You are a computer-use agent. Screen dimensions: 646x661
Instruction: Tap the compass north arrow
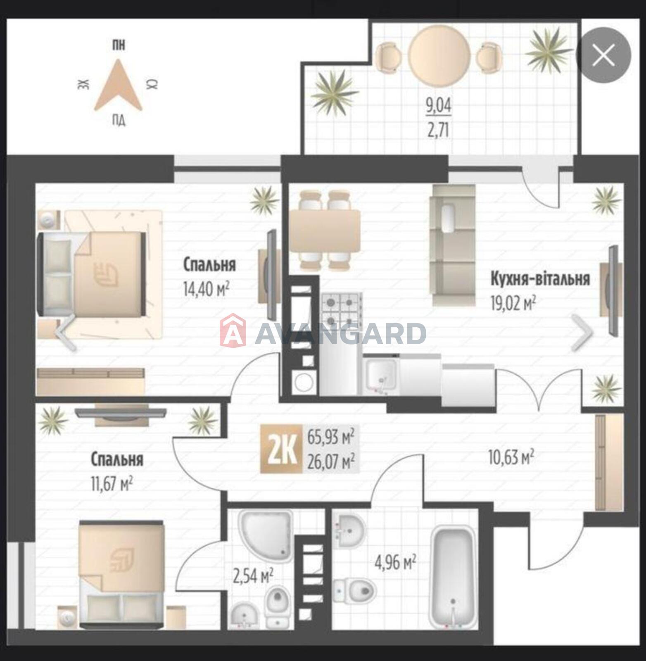tap(118, 85)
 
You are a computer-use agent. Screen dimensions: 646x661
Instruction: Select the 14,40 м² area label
tap(206, 289)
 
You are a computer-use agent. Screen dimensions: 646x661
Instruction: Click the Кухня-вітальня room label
tap(540, 279)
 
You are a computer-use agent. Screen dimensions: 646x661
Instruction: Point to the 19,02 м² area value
tap(513, 304)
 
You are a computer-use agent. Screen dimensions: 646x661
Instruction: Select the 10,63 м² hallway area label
tap(511, 457)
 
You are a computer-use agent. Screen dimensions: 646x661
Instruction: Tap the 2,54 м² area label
tap(253, 576)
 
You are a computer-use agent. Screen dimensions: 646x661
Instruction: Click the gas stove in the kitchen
tap(342, 310)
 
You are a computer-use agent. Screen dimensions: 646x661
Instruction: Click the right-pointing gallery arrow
tap(582, 332)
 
